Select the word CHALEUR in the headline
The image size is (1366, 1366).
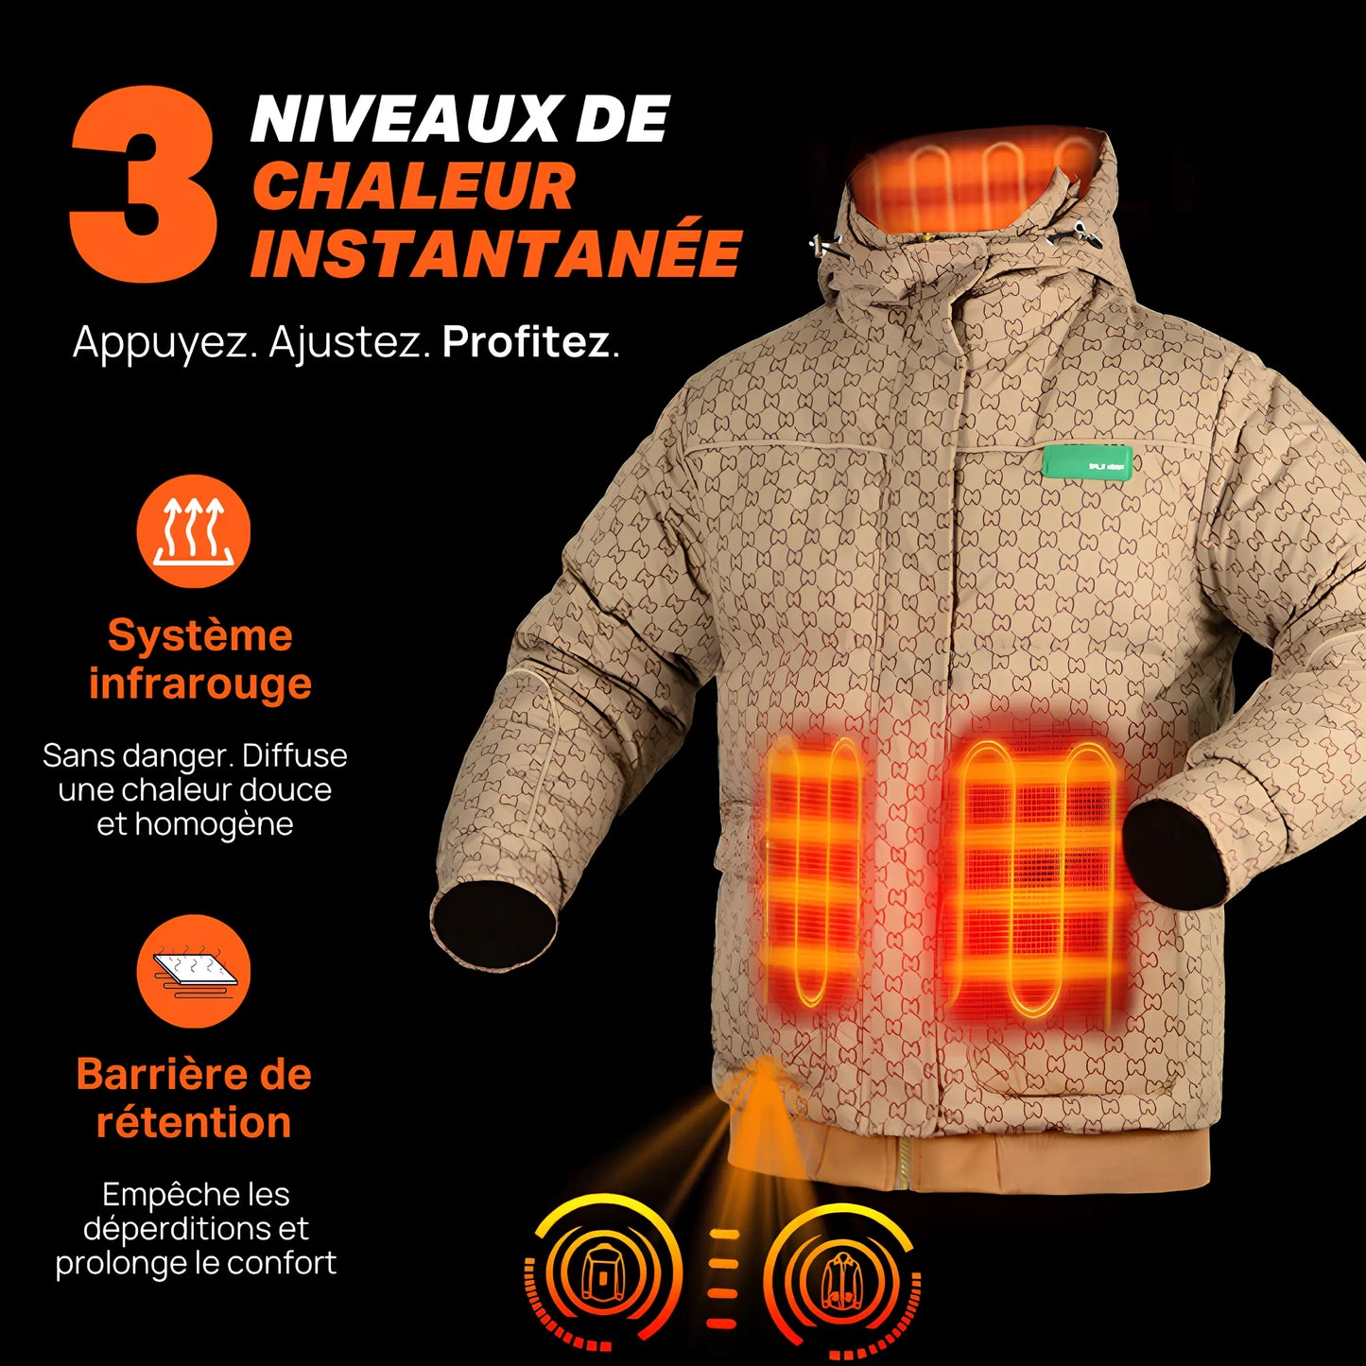(413, 186)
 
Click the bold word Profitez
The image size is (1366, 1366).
(526, 342)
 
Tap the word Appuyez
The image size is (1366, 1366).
(164, 342)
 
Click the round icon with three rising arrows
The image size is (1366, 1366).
(194, 530)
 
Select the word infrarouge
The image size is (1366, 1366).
(199, 683)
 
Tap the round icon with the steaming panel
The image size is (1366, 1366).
(194, 970)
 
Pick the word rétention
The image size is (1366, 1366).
(194, 1122)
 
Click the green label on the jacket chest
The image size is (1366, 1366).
(1088, 463)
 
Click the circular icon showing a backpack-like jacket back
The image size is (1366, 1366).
(602, 1271)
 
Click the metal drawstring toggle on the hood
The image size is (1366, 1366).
(824, 245)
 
